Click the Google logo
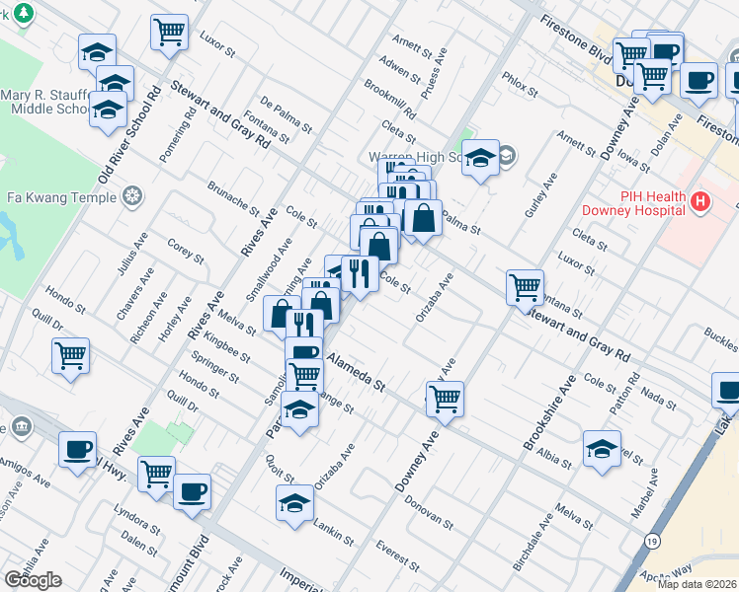(x=33, y=580)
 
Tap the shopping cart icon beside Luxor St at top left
(x=169, y=32)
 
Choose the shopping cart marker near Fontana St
(x=525, y=287)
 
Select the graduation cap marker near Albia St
(x=602, y=448)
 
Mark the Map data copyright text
(x=698, y=584)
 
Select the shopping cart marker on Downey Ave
(x=446, y=399)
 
